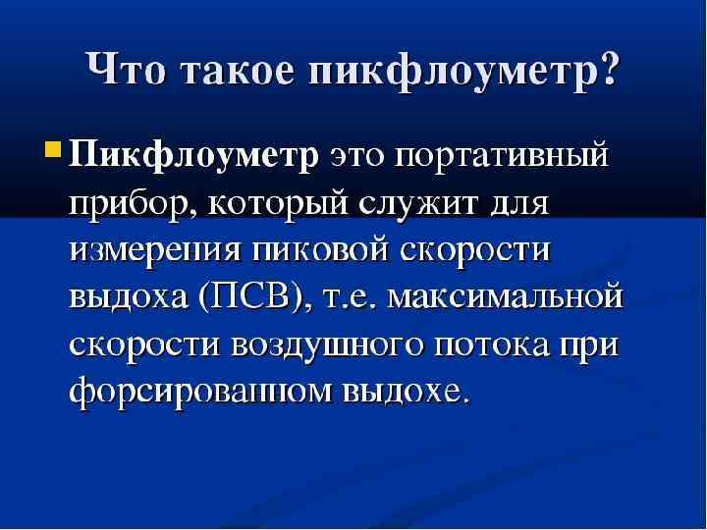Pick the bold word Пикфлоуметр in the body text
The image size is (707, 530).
194,157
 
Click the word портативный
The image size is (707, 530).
506,157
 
